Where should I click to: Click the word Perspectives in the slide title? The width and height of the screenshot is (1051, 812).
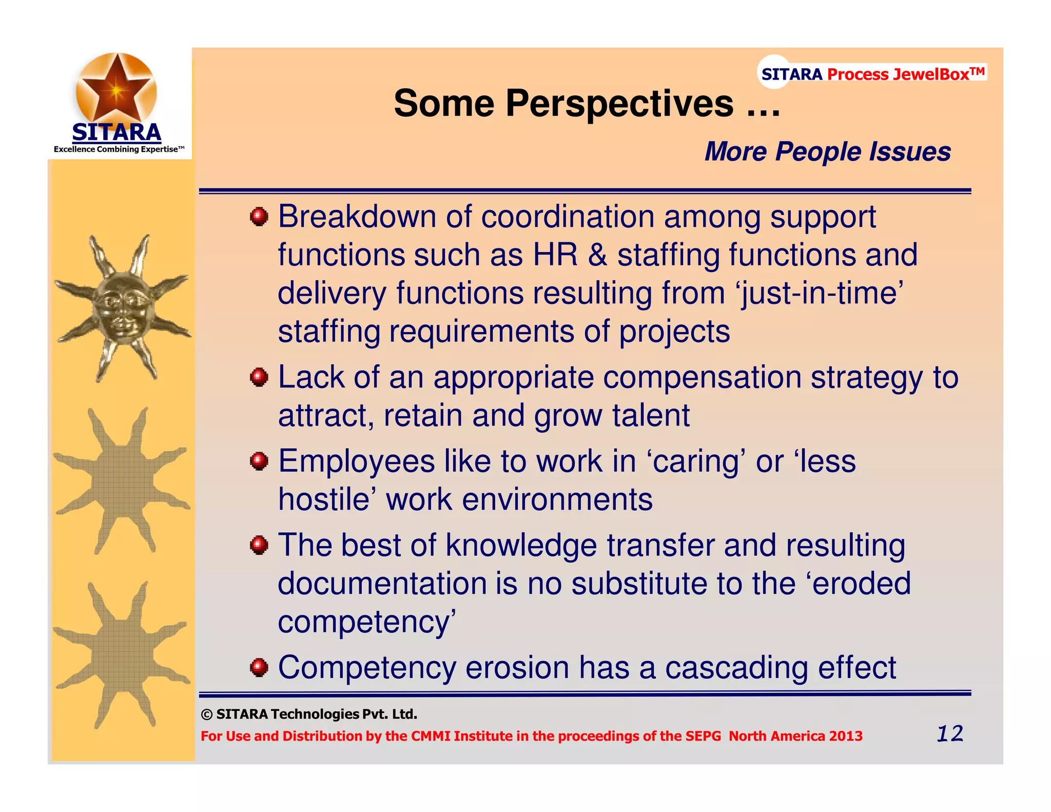click(619, 104)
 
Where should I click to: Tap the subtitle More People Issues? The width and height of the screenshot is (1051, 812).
click(827, 152)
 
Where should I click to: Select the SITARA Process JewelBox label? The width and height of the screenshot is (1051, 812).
click(872, 74)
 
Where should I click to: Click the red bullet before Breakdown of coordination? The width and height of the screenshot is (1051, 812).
click(259, 217)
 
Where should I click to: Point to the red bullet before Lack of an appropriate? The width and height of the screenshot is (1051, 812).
click(259, 377)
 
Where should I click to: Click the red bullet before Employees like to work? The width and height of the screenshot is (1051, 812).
click(259, 461)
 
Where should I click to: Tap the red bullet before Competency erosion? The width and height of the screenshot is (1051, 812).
click(259, 668)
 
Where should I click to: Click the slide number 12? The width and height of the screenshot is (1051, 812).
click(949, 733)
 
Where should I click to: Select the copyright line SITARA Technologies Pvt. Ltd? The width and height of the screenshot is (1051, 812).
click(309, 714)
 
